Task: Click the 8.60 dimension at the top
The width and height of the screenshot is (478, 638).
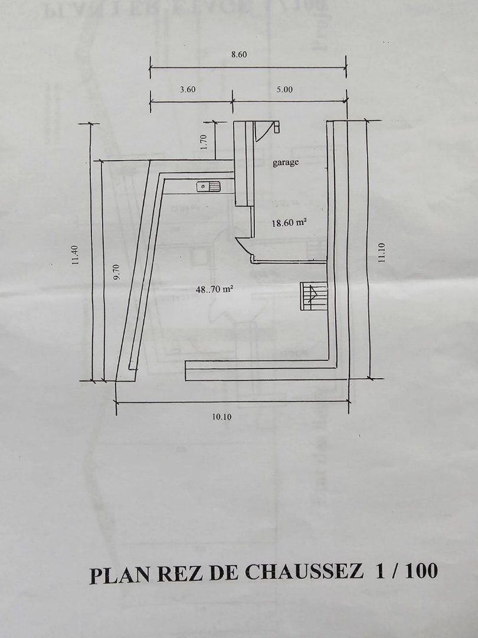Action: [238, 54]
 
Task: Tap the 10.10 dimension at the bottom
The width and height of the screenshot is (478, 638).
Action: [220, 417]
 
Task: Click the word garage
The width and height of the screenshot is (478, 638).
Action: [286, 162]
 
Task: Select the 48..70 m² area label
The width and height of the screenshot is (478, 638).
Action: [214, 289]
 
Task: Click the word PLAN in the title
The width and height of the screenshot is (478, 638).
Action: [118, 574]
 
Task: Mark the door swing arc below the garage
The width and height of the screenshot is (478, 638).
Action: [244, 245]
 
